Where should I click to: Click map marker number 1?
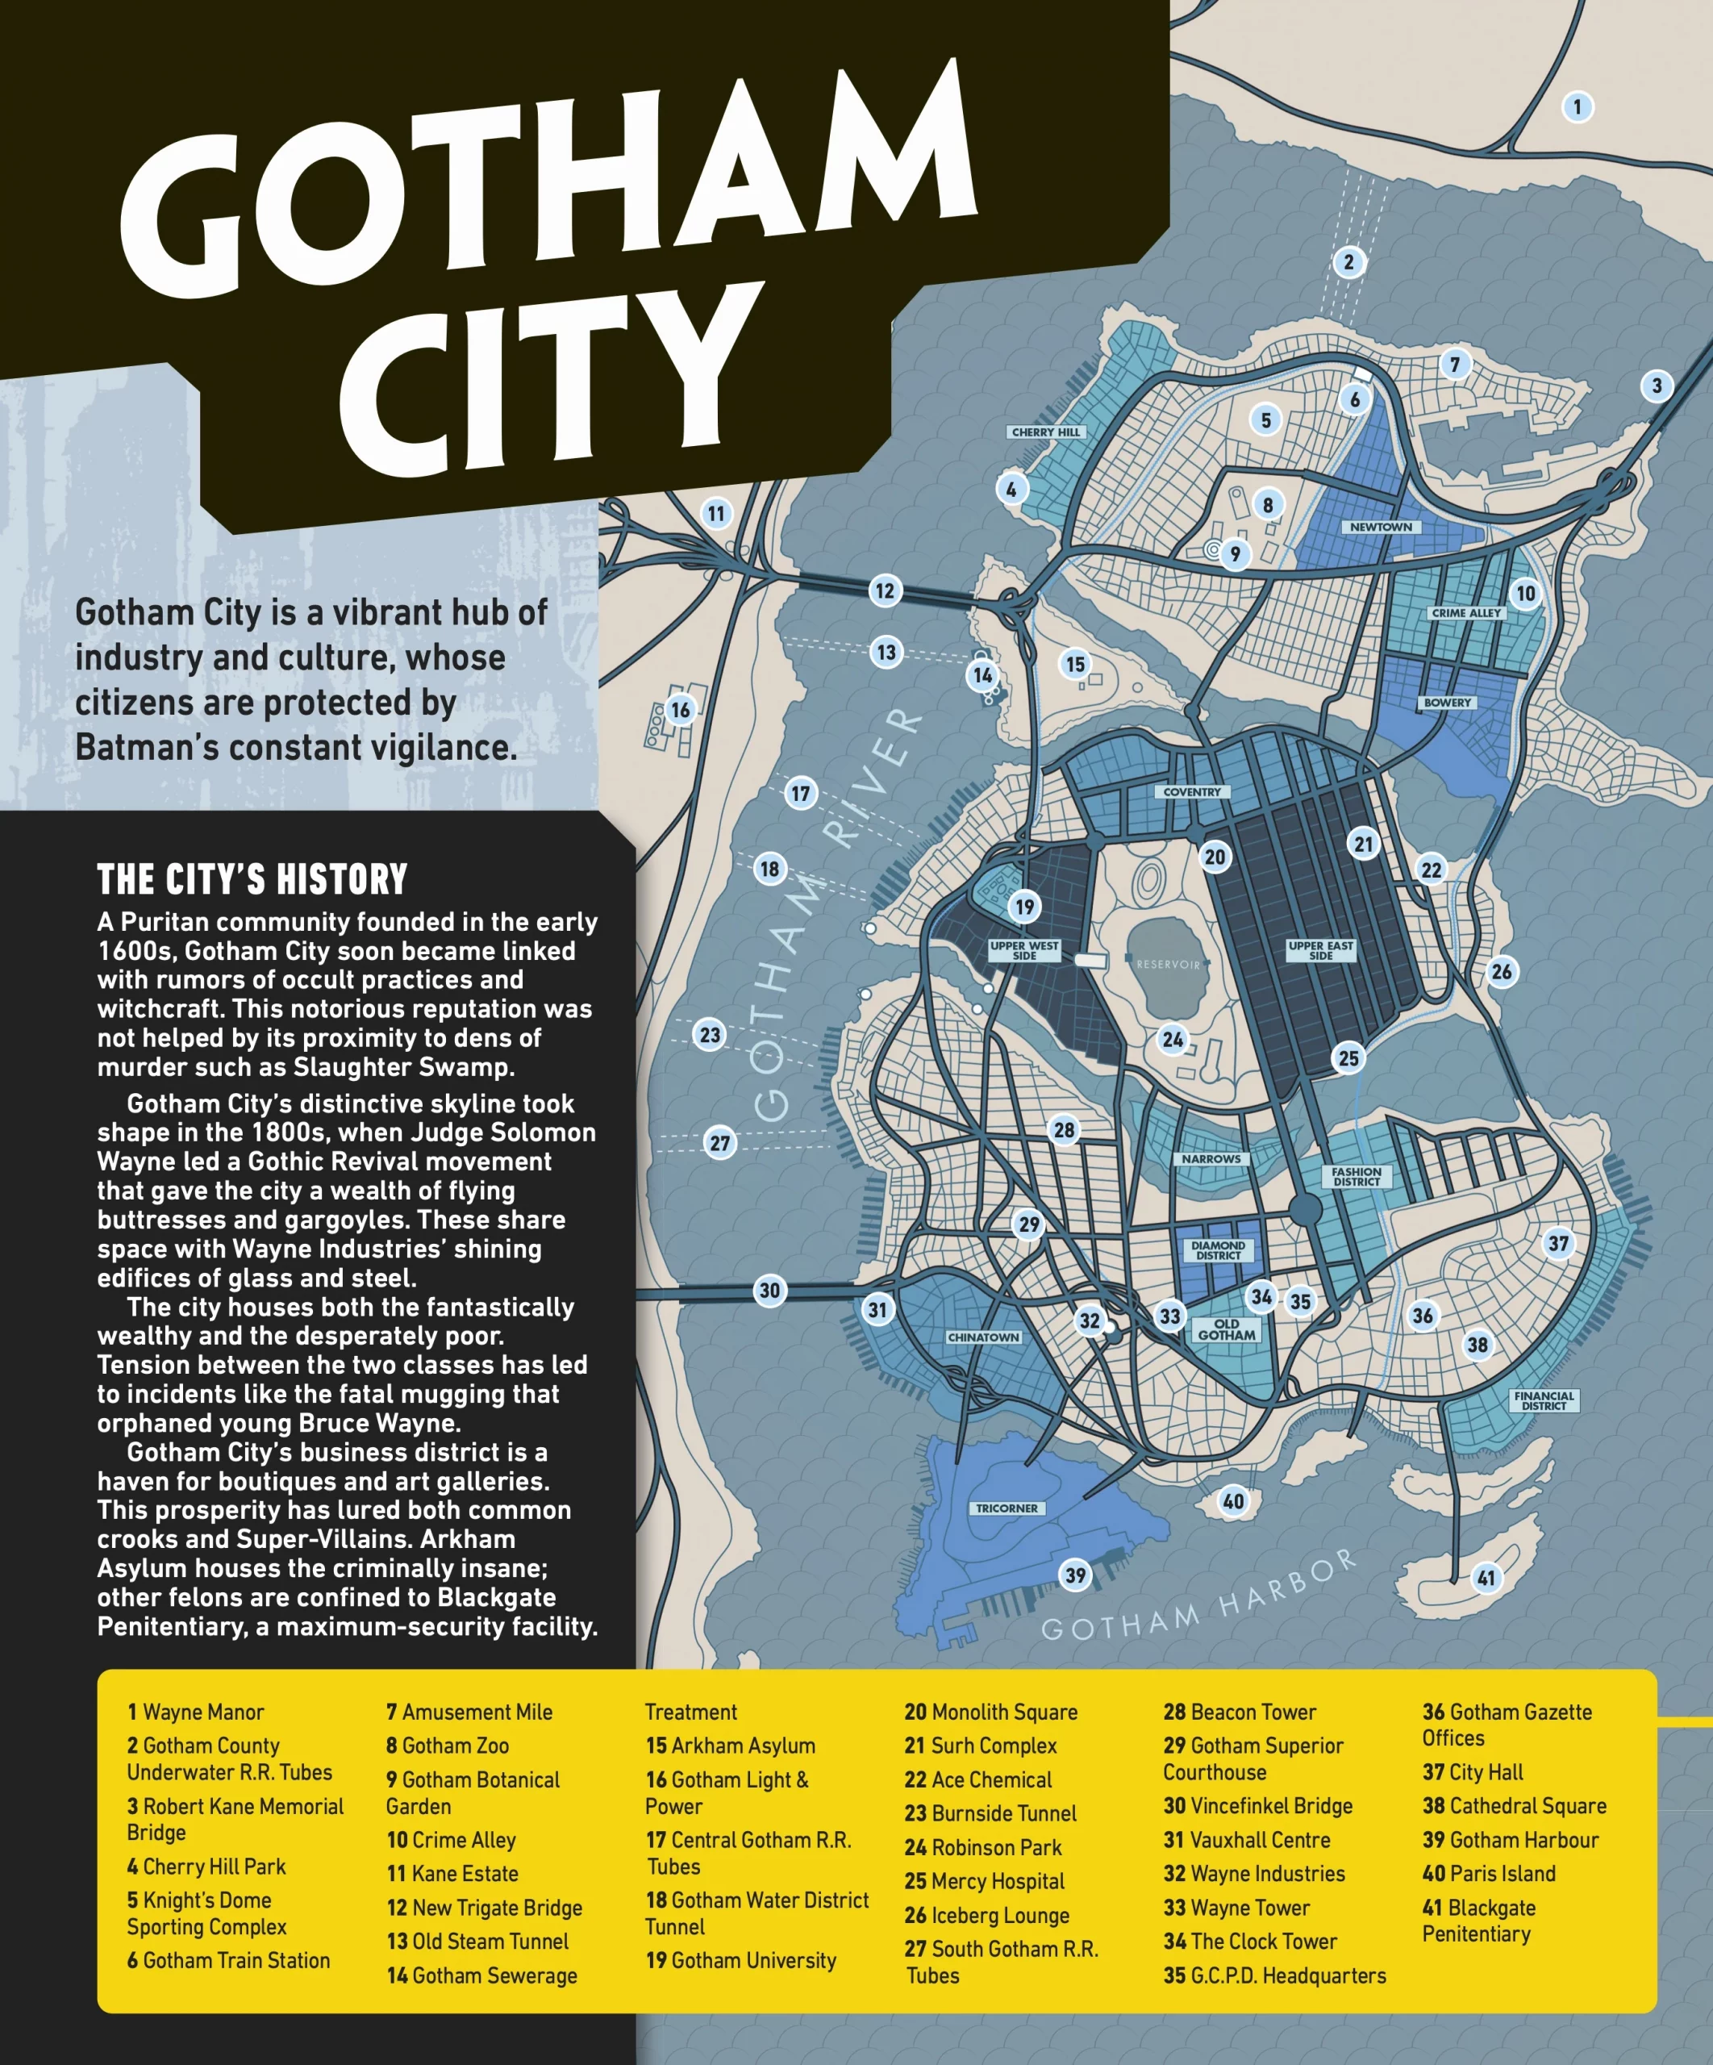pyautogui.click(x=1578, y=106)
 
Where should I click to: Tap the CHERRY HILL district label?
pyautogui.click(x=1045, y=432)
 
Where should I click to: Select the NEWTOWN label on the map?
pyautogui.click(x=1380, y=527)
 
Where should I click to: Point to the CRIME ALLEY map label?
pyautogui.click(x=1466, y=612)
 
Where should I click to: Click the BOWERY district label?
pyautogui.click(x=1448, y=703)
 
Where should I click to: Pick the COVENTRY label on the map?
pyautogui.click(x=1192, y=791)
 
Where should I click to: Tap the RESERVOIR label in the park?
pyautogui.click(x=1169, y=965)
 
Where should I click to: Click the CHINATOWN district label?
pyautogui.click(x=983, y=1337)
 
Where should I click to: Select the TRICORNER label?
pyautogui.click(x=1006, y=1508)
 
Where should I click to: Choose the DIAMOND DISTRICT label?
pyautogui.click(x=1219, y=1249)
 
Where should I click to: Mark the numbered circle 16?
pyautogui.click(x=681, y=710)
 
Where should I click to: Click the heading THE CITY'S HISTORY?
pyautogui.click(x=252, y=878)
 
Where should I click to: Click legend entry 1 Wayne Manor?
pyautogui.click(x=196, y=1712)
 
